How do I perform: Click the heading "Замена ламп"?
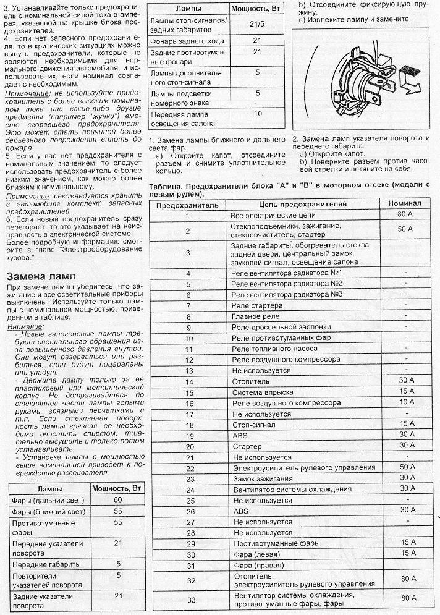click(x=42, y=276)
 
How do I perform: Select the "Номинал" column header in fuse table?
click(x=405, y=203)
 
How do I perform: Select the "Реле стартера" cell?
click(x=257, y=305)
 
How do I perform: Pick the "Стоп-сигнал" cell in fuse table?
click(x=253, y=425)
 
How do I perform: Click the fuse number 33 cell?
click(x=190, y=600)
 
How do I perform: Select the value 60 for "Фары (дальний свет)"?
click(x=118, y=499)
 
